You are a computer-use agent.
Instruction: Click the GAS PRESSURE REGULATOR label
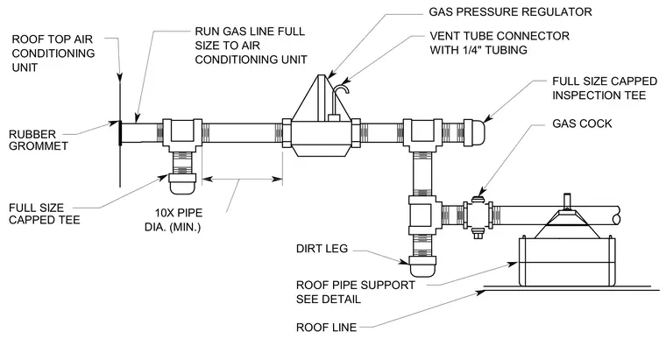tap(510, 12)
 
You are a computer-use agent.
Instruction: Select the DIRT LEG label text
tap(322, 249)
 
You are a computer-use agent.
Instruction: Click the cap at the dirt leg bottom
tap(422, 265)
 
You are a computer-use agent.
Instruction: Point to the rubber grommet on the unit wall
tap(120, 133)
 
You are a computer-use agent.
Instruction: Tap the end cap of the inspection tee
tap(474, 133)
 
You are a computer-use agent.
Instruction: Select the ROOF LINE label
tap(326, 328)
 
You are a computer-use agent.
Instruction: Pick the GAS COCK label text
tap(582, 124)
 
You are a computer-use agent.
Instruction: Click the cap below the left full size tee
tap(182, 183)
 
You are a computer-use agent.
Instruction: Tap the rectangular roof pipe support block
tap(567, 262)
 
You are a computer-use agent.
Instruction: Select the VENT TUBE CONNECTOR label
tap(499, 43)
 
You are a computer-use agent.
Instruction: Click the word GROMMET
tap(39, 146)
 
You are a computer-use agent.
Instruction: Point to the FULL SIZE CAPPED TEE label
tap(44, 214)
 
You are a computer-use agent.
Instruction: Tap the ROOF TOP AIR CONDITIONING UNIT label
tap(53, 53)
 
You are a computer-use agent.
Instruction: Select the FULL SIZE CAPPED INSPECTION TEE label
tap(605, 88)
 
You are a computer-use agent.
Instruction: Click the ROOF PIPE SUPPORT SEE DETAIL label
tap(355, 292)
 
